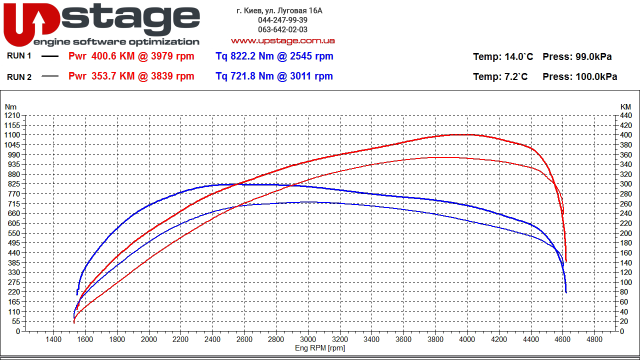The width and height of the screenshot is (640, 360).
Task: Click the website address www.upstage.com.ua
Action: point(282,40)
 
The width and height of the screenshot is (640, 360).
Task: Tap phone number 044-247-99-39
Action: point(282,20)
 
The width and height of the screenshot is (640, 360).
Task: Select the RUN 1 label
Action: point(19,56)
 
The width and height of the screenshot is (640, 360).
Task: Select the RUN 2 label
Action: point(19,76)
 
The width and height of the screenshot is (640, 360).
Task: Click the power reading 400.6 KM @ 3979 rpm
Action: point(131,56)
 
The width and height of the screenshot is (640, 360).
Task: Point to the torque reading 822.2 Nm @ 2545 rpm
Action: point(274,56)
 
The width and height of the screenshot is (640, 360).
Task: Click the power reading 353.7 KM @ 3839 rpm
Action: point(131,76)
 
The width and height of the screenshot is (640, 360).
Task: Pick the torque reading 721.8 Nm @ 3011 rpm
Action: point(274,76)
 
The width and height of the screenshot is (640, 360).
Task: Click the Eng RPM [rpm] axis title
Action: point(320,348)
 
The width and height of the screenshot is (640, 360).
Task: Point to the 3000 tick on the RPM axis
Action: point(308,339)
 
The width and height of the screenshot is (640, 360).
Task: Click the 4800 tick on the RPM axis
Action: point(594,339)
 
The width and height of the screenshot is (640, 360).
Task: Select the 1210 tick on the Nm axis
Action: point(11,115)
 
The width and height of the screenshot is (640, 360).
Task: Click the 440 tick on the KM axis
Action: point(625,115)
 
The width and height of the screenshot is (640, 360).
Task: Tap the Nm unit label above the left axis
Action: point(10,107)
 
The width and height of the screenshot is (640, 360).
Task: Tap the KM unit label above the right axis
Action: point(625,107)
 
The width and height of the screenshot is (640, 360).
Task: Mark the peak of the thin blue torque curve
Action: point(309,202)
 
